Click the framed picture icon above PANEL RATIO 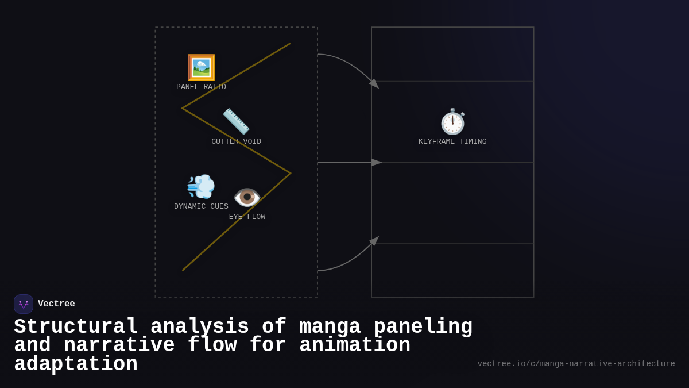(201, 68)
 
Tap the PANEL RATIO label (201, 87)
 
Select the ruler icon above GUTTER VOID (236, 121)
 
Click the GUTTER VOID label (236, 141)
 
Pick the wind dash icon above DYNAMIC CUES (201, 186)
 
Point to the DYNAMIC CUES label (201, 206)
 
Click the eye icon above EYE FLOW (247, 197)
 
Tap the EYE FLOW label (247, 217)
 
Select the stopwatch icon (452, 122)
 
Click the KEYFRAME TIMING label (452, 141)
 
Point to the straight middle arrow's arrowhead (377, 163)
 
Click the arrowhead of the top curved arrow (374, 84)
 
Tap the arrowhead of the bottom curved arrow (374, 240)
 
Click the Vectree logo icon (24, 304)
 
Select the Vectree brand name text (56, 304)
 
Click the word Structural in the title (76, 327)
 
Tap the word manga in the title (330, 327)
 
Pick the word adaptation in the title (76, 364)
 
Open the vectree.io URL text (576, 364)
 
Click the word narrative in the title (119, 345)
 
